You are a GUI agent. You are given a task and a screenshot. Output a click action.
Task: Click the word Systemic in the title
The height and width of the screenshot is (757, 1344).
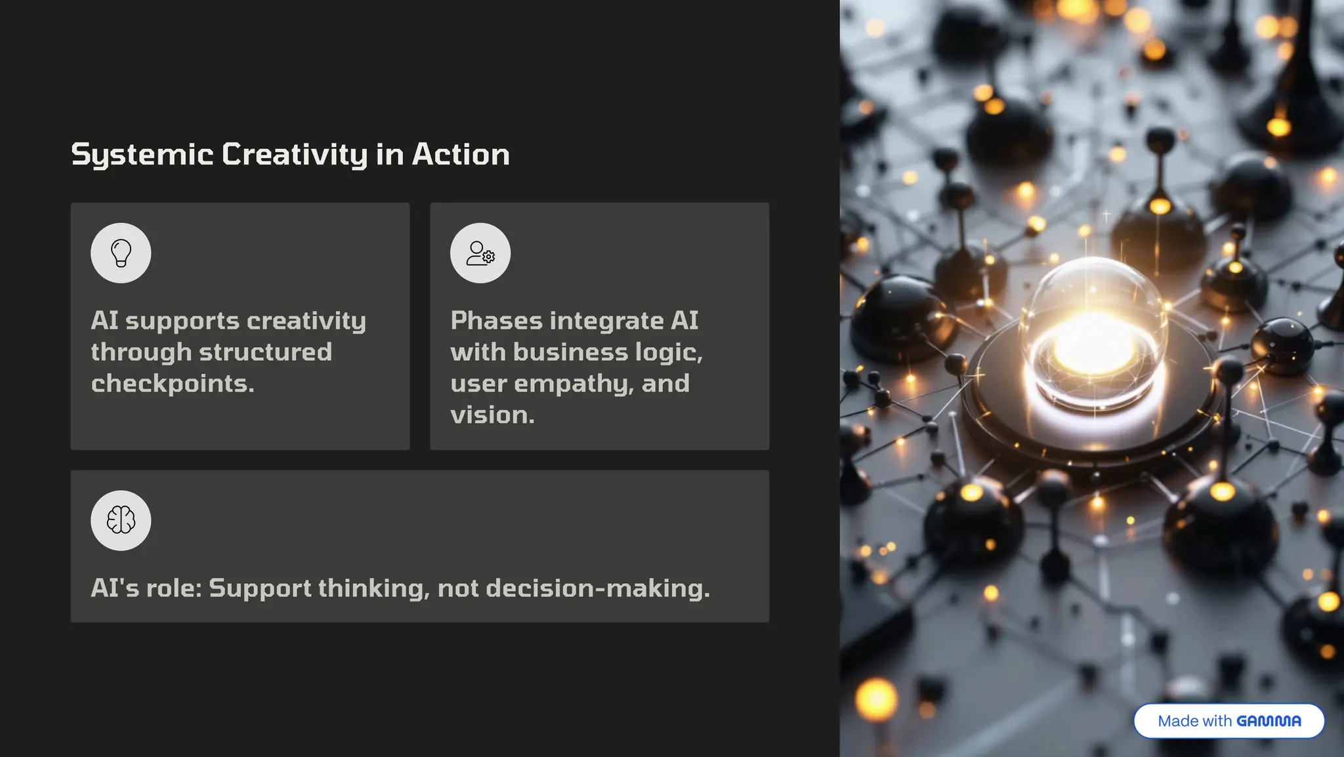click(142, 155)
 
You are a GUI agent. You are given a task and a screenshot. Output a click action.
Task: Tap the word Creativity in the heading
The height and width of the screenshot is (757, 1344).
click(295, 155)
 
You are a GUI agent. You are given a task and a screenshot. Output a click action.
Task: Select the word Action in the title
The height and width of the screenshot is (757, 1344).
click(461, 155)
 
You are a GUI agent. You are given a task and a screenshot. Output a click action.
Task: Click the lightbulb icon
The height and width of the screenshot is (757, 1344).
click(121, 253)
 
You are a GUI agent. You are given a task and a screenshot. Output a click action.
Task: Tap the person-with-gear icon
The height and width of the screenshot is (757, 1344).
click(480, 253)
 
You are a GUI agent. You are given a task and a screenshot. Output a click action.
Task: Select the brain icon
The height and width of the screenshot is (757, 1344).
click(121, 521)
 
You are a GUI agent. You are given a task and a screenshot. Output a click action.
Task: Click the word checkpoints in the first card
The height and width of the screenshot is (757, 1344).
click(172, 384)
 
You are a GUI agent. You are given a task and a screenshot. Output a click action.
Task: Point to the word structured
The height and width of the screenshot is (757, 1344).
click(266, 352)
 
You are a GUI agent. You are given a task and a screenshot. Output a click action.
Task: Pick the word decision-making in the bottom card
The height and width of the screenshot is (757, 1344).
click(598, 588)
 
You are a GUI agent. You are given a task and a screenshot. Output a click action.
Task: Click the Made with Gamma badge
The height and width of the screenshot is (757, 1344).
click(1228, 721)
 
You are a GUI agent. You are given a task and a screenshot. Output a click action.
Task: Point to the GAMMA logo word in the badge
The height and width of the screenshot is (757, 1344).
click(1269, 721)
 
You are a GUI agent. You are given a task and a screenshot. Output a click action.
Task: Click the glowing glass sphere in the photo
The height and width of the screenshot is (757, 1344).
click(1094, 335)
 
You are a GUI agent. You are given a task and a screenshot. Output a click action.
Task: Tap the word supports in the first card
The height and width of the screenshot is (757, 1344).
click(182, 321)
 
